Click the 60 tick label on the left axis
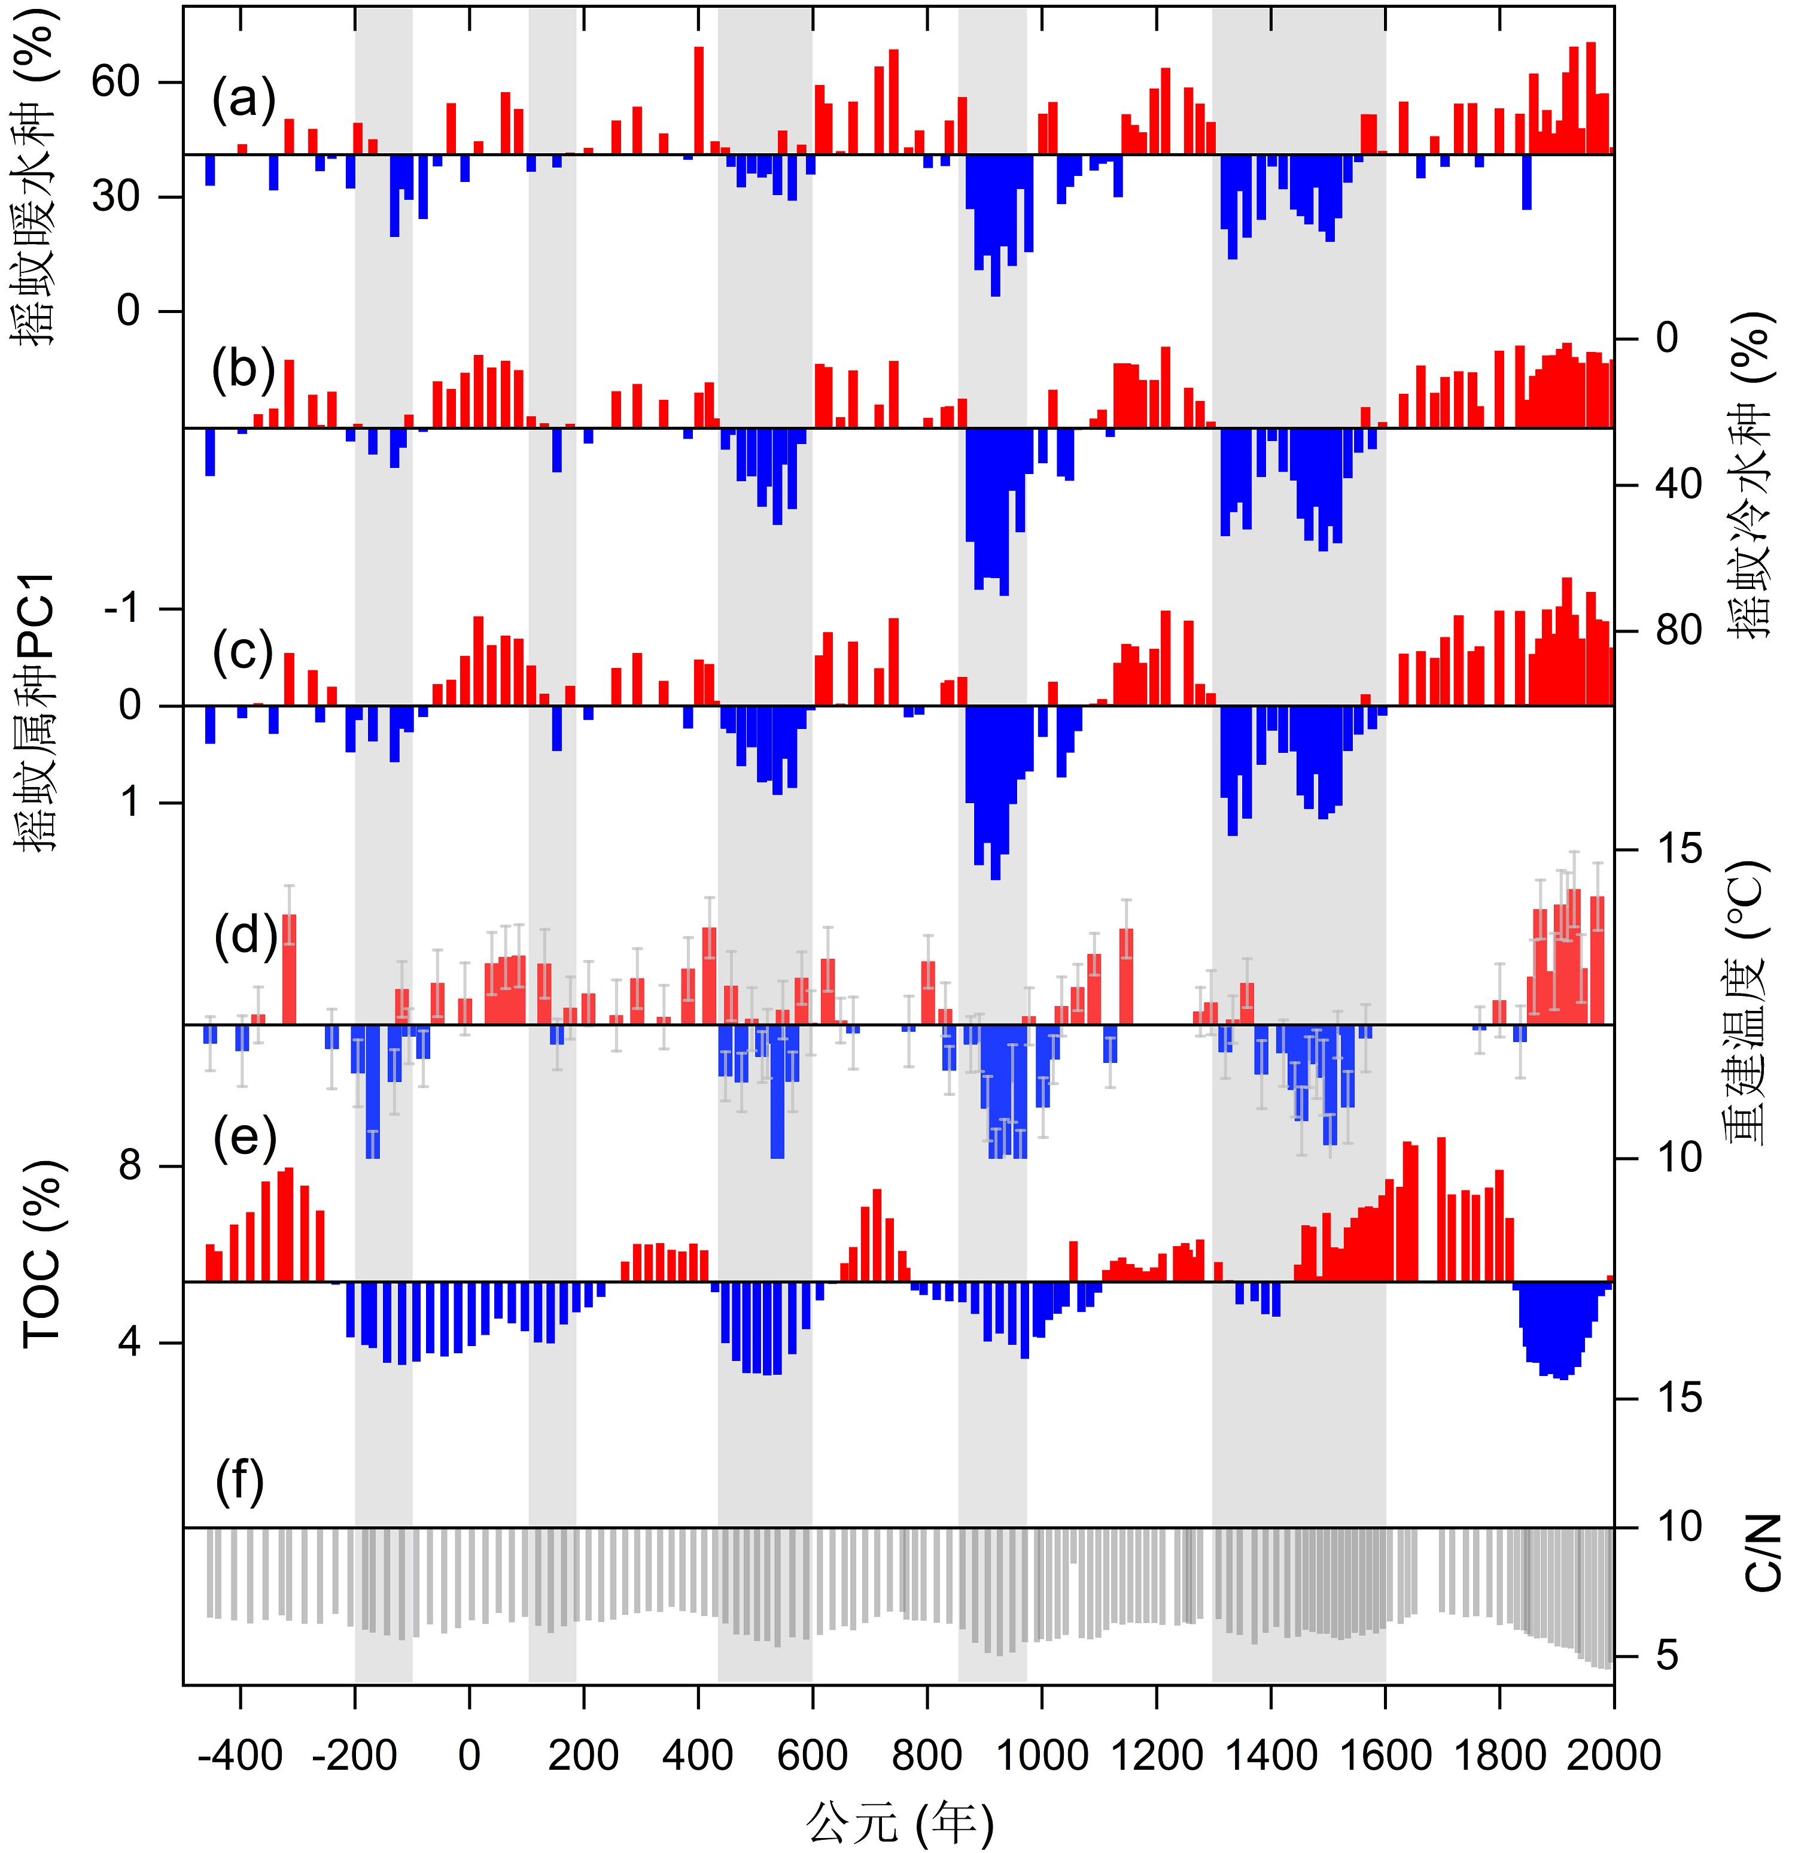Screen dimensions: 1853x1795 [116, 82]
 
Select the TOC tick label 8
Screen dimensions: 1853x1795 [130, 1166]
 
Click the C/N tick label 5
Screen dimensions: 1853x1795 [1668, 1655]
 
